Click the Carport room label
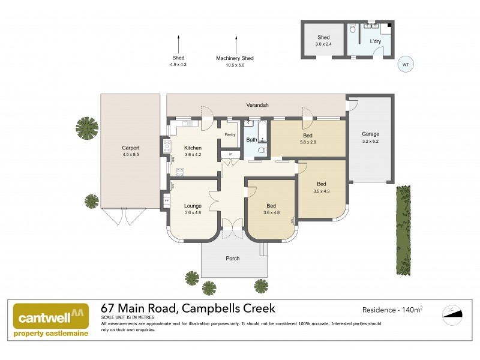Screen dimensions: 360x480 [x=130, y=148]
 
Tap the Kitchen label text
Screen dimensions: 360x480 [x=193, y=148]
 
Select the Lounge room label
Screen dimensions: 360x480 [x=193, y=206]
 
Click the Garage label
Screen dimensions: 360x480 [x=370, y=134]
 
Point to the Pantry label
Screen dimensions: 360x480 [x=230, y=134]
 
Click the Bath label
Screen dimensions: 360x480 [x=252, y=140]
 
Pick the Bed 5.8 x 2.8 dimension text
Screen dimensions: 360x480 [x=308, y=143]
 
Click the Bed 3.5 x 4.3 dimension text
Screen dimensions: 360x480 [x=322, y=191]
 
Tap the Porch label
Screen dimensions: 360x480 [x=232, y=259]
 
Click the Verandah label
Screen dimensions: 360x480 [x=257, y=105]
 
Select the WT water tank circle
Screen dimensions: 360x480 [x=406, y=64]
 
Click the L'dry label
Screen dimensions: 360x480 [x=375, y=41]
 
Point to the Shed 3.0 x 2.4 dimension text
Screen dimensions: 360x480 [x=324, y=44]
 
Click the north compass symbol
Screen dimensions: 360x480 [x=453, y=313]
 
